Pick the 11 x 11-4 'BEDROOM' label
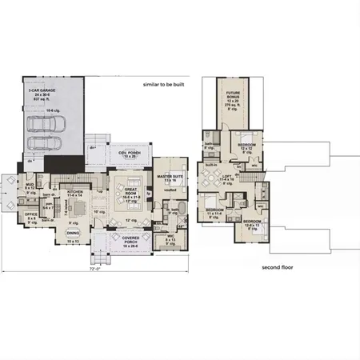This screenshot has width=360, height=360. (214, 213)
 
